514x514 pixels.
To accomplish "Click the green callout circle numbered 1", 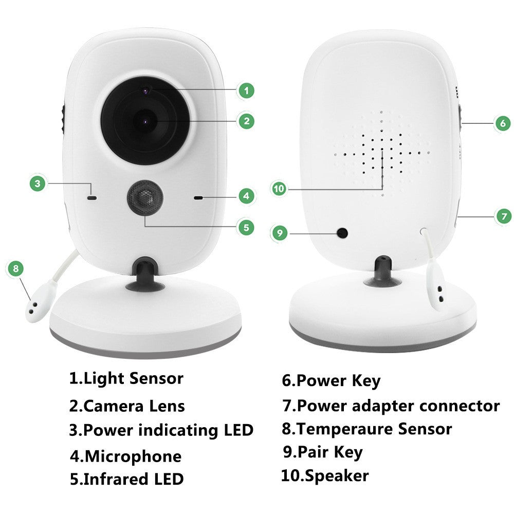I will tap(247, 91).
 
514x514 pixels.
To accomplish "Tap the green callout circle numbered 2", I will tap(247, 121).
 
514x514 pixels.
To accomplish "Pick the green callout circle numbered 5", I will tap(246, 227).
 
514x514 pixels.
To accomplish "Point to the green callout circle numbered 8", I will tap(15, 268).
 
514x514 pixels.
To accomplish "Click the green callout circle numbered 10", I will tap(279, 189).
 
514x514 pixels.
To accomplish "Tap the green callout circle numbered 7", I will tap(503, 216).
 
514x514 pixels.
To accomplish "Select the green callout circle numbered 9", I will tap(279, 233).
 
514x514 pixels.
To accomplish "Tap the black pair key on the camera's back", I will tap(342, 233).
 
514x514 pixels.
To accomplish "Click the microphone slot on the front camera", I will tap(199, 197).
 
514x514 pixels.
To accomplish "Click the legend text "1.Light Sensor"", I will tap(126, 379).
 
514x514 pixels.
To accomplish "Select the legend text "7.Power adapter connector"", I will tap(391, 406).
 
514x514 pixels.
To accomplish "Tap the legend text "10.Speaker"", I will tap(325, 475).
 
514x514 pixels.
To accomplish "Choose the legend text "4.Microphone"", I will tap(125, 456).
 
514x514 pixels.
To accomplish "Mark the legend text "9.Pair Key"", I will tap(323, 452).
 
